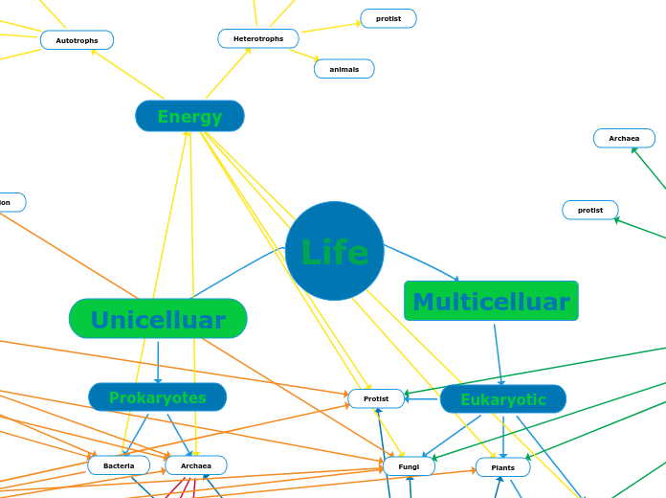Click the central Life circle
pos(335,251)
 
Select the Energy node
pos(189,116)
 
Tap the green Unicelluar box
pos(158,319)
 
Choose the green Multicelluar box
pos(491,301)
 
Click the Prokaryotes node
pos(157,396)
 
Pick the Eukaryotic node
pos(502,398)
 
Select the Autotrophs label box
pos(77,40)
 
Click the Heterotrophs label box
pos(258,38)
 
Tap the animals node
pos(344,69)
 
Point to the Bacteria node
pos(119,465)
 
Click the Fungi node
pos(409,466)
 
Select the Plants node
pos(502,467)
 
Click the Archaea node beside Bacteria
pos(195,465)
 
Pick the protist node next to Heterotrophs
pos(388,18)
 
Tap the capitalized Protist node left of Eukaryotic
pos(376,398)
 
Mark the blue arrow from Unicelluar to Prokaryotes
pos(158,361)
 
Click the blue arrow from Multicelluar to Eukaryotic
pos(498,354)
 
